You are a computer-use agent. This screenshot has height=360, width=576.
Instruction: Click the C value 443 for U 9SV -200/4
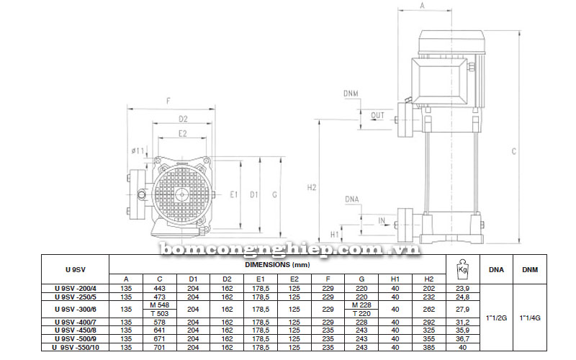click(159, 289)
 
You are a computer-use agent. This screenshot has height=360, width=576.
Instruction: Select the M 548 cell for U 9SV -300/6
click(159, 305)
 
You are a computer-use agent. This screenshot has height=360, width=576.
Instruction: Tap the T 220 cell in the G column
click(361, 314)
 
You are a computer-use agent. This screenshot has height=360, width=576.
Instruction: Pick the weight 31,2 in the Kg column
click(462, 322)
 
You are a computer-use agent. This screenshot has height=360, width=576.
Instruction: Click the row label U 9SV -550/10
click(76, 347)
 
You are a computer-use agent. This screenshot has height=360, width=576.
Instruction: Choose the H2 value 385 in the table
click(428, 347)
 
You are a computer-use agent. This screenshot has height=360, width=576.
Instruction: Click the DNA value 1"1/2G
click(496, 318)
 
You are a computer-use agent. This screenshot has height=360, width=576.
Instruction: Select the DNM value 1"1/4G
click(530, 318)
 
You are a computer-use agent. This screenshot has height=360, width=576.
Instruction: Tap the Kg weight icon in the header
click(462, 269)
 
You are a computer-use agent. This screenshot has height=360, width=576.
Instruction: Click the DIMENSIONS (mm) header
click(277, 264)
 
